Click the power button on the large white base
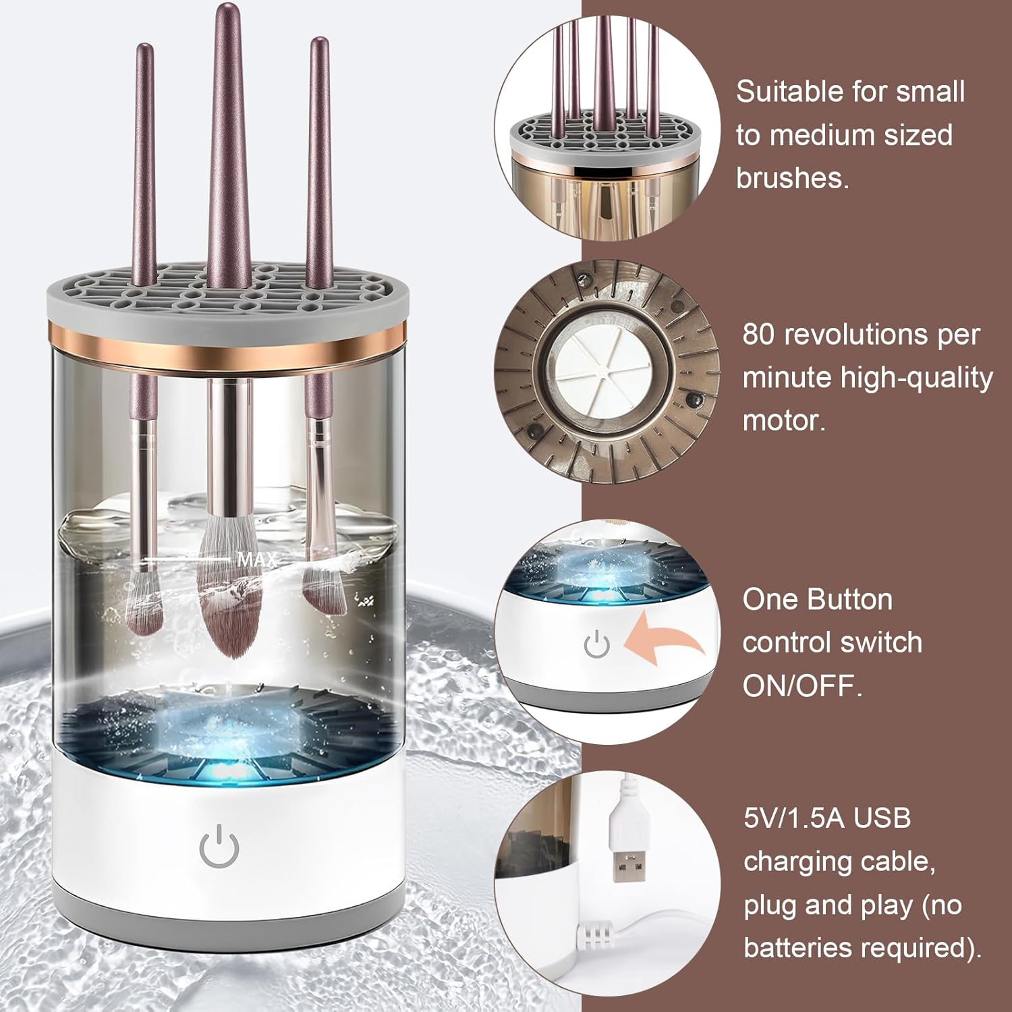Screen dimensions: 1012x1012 (x=219, y=848)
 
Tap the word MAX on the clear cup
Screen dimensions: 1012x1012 (x=256, y=559)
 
